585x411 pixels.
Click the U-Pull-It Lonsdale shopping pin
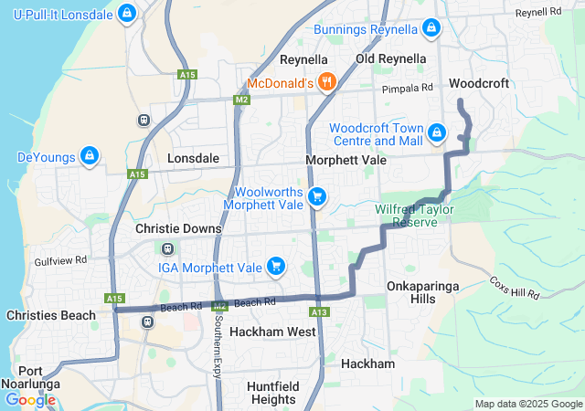point(127,14)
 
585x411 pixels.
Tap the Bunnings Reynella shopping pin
point(431,29)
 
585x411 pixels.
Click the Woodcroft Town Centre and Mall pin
point(437,134)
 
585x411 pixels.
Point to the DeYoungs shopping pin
point(89,156)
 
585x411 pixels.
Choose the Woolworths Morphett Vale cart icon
point(317,196)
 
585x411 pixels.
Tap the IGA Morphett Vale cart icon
point(275,267)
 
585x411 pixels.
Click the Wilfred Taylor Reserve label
point(414,216)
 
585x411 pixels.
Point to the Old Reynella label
point(390,58)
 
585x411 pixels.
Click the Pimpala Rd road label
point(408,88)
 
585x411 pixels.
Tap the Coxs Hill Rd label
point(515,288)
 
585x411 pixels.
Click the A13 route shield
point(318,312)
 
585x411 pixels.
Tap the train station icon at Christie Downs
point(168,248)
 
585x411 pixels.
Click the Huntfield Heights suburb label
point(272,393)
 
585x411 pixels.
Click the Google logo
point(30,399)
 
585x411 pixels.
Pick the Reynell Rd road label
point(537,13)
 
